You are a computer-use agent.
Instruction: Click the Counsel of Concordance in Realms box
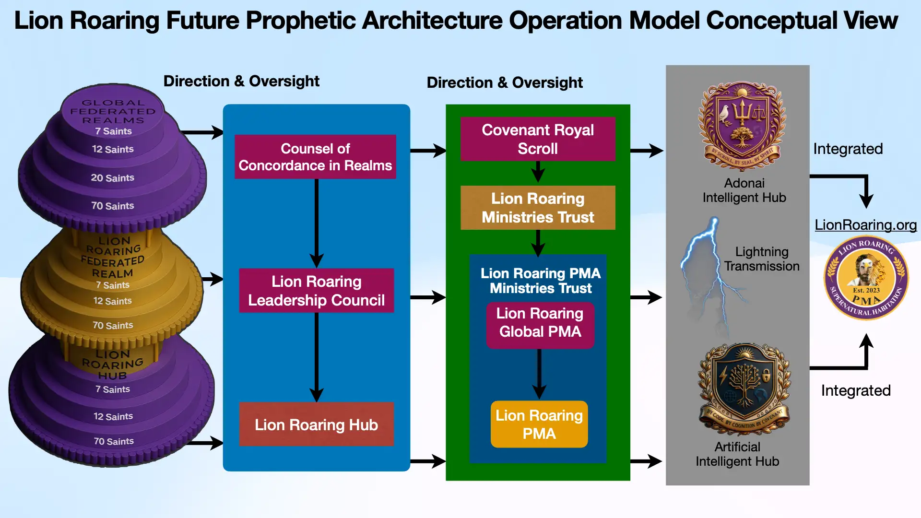pos(315,157)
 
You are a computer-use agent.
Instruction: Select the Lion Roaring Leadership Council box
pos(316,291)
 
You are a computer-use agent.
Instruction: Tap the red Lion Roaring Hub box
pos(316,424)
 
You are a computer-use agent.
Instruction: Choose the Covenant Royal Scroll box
pos(538,139)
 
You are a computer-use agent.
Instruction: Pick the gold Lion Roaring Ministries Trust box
pos(538,208)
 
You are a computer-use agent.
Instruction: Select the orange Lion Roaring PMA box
pos(539,424)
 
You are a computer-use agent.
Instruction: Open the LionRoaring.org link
pos(865,224)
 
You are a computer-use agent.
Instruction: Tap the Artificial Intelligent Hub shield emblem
pos(744,388)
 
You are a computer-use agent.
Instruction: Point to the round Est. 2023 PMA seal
pos(866,278)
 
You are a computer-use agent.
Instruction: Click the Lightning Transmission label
pos(762,259)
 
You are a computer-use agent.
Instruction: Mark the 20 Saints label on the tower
pos(113,178)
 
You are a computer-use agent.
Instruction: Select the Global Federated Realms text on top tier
pos(113,111)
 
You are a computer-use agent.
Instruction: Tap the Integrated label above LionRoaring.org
pos(848,149)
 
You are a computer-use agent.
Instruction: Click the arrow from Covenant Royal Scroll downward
pos(538,172)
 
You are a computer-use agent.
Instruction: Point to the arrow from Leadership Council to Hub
pos(316,357)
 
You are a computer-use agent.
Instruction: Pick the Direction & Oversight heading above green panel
pos(505,82)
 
